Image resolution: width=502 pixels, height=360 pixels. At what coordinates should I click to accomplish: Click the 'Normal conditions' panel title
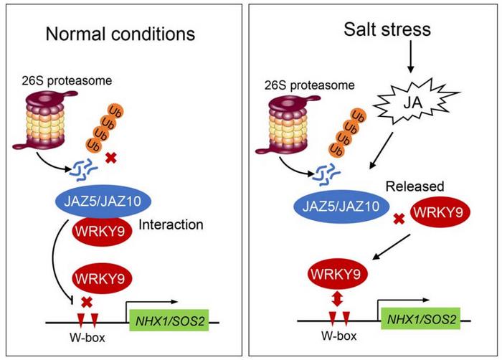coord(120,33)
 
